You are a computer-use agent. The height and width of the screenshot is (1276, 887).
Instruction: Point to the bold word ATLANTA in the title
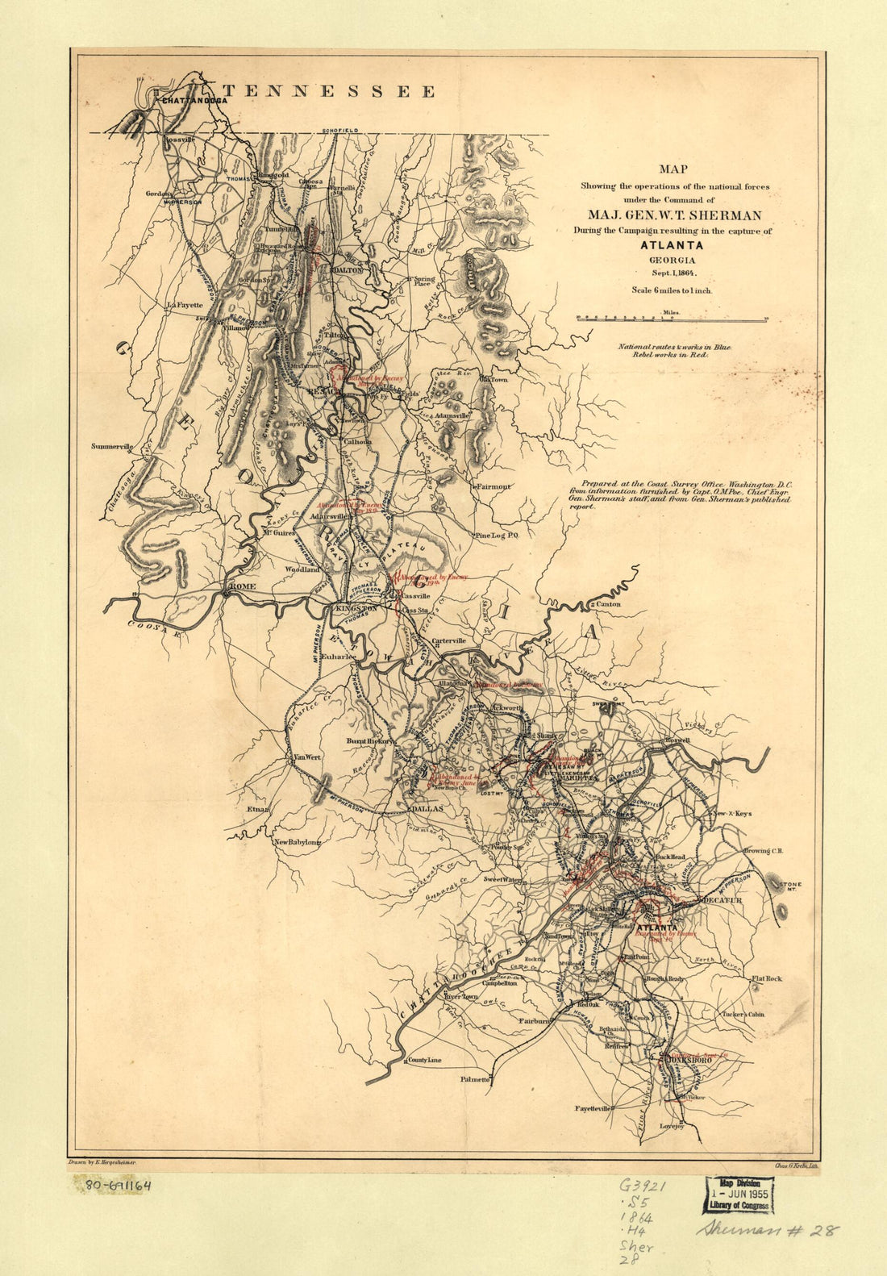click(x=672, y=246)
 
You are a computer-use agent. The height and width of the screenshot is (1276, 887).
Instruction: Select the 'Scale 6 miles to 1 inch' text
click(x=672, y=289)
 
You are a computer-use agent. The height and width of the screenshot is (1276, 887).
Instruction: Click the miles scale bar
click(x=671, y=319)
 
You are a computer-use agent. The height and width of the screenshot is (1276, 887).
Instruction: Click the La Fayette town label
click(x=185, y=305)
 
